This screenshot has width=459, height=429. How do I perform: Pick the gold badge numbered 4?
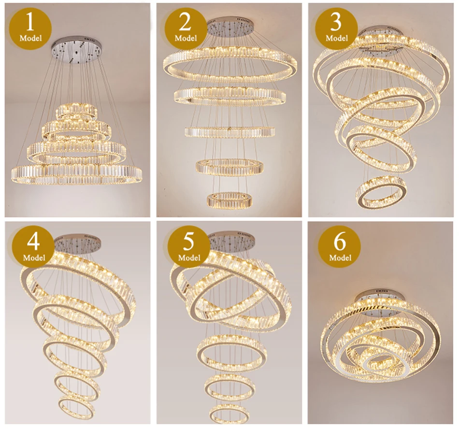[x=33, y=246]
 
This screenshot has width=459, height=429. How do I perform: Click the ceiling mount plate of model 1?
[x=77, y=48]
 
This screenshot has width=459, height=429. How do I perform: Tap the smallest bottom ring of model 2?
[x=226, y=200]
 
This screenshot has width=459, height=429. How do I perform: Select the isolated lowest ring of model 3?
[x=381, y=192]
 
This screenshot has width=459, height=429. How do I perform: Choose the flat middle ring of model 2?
[x=229, y=131]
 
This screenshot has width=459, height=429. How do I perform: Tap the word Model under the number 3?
[x=336, y=38]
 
